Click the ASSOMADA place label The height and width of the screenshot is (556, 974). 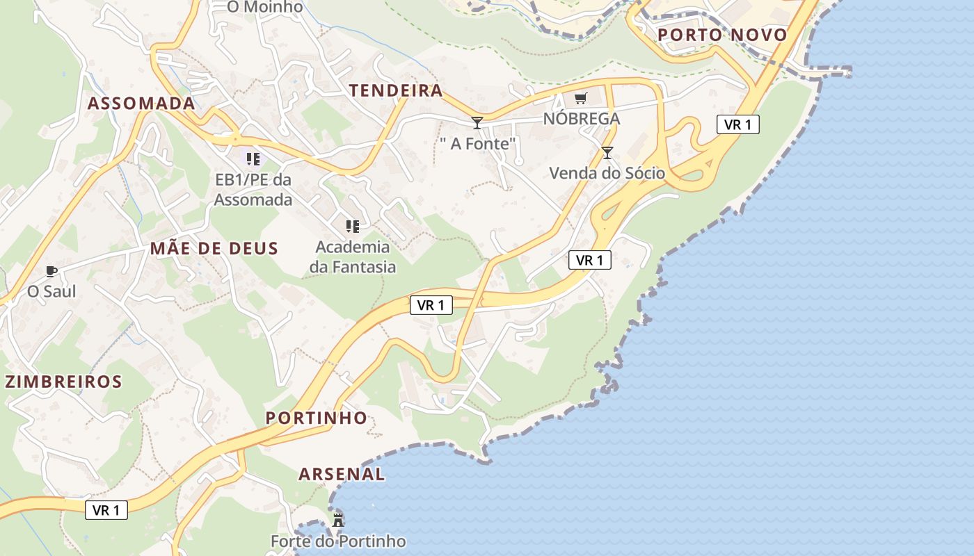(x=141, y=104)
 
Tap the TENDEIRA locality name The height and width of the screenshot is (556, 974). (x=396, y=90)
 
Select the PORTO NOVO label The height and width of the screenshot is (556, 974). (x=722, y=35)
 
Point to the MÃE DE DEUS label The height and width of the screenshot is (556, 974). (x=214, y=248)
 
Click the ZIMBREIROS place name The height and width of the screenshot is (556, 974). (x=63, y=382)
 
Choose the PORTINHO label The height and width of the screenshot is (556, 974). (x=317, y=418)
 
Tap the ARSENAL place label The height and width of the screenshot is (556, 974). (x=342, y=474)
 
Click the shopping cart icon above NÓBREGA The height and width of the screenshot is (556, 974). (x=581, y=99)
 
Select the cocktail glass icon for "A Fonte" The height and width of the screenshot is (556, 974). (x=477, y=123)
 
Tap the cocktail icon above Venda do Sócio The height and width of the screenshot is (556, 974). (x=607, y=153)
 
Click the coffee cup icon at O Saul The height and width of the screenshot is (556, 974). (x=51, y=271)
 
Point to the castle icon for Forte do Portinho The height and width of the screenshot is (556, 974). (x=338, y=519)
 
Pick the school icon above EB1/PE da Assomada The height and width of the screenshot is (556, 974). (x=253, y=159)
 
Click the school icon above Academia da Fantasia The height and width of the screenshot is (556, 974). (x=353, y=227)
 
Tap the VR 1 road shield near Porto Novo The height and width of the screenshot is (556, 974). (x=737, y=124)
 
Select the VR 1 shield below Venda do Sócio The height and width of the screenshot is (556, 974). (x=590, y=260)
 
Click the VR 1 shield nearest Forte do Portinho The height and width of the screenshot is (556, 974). (x=106, y=510)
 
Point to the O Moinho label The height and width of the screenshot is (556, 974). (x=265, y=7)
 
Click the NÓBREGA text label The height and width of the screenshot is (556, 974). (x=582, y=119)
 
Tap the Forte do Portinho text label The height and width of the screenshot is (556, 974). (x=338, y=541)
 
